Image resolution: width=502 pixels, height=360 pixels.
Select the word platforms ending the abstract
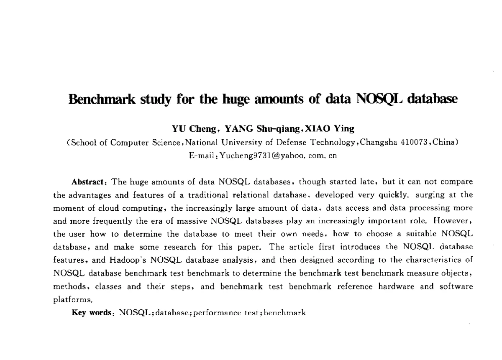tap(72, 300)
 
